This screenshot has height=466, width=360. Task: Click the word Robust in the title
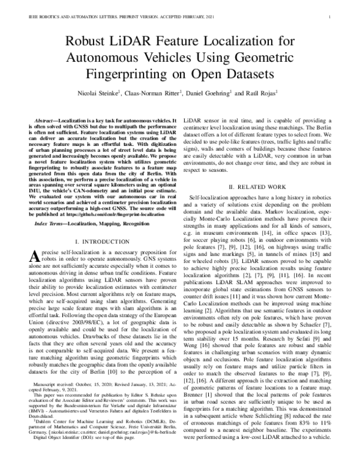pos(89,42)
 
